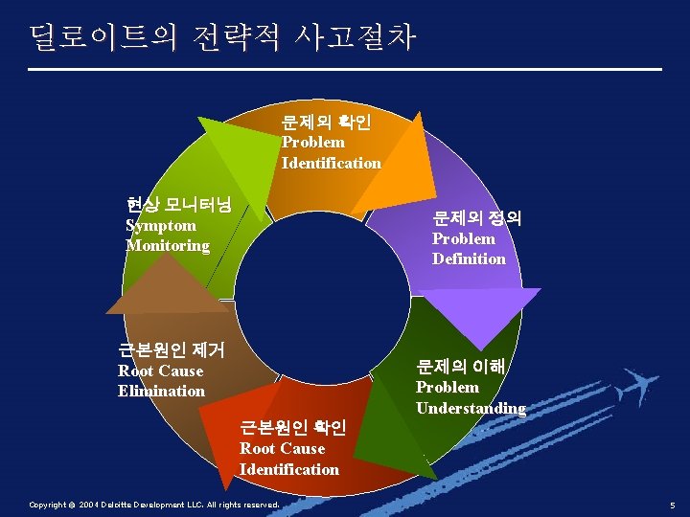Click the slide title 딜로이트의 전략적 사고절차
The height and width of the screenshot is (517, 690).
[x=222, y=37]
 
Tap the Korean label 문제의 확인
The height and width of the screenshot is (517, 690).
[x=332, y=122]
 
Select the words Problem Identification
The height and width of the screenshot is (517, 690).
[x=331, y=152]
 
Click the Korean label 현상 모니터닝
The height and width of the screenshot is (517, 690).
[x=186, y=205]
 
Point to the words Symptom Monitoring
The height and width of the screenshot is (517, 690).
[x=168, y=236]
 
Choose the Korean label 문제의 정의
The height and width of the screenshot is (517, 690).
[x=476, y=218]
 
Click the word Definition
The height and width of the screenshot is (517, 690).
[x=469, y=258]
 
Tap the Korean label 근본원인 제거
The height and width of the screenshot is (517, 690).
[x=171, y=350]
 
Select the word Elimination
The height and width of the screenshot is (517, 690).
[x=161, y=391]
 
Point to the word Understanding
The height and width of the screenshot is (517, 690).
[x=471, y=408]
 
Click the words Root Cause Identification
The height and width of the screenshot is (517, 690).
[x=288, y=459]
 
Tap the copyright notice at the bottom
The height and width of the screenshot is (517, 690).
[x=154, y=505]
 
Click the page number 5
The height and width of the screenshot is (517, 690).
[x=673, y=505]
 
